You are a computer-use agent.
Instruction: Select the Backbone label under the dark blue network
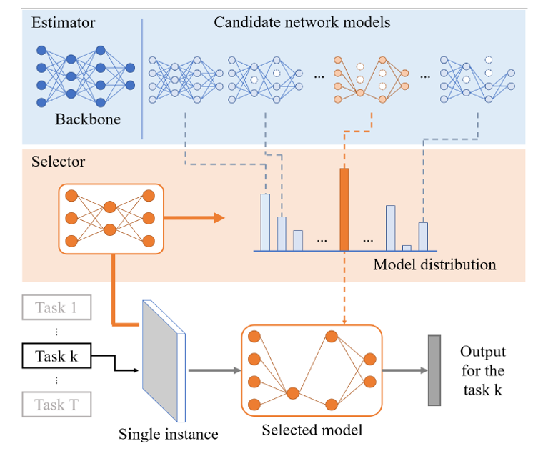click(88, 119)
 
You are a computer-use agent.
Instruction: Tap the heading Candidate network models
click(302, 22)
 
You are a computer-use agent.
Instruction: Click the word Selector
click(58, 162)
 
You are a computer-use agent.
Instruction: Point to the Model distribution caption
click(434, 264)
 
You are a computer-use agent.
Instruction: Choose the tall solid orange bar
click(344, 209)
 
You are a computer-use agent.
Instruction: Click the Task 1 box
click(56, 309)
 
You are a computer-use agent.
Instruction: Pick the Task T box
click(56, 405)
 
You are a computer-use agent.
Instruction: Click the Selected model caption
click(312, 430)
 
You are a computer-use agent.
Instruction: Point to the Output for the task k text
click(482, 370)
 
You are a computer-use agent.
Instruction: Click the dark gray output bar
click(434, 371)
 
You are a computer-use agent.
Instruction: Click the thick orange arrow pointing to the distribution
click(194, 218)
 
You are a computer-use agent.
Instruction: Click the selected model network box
click(312, 370)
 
